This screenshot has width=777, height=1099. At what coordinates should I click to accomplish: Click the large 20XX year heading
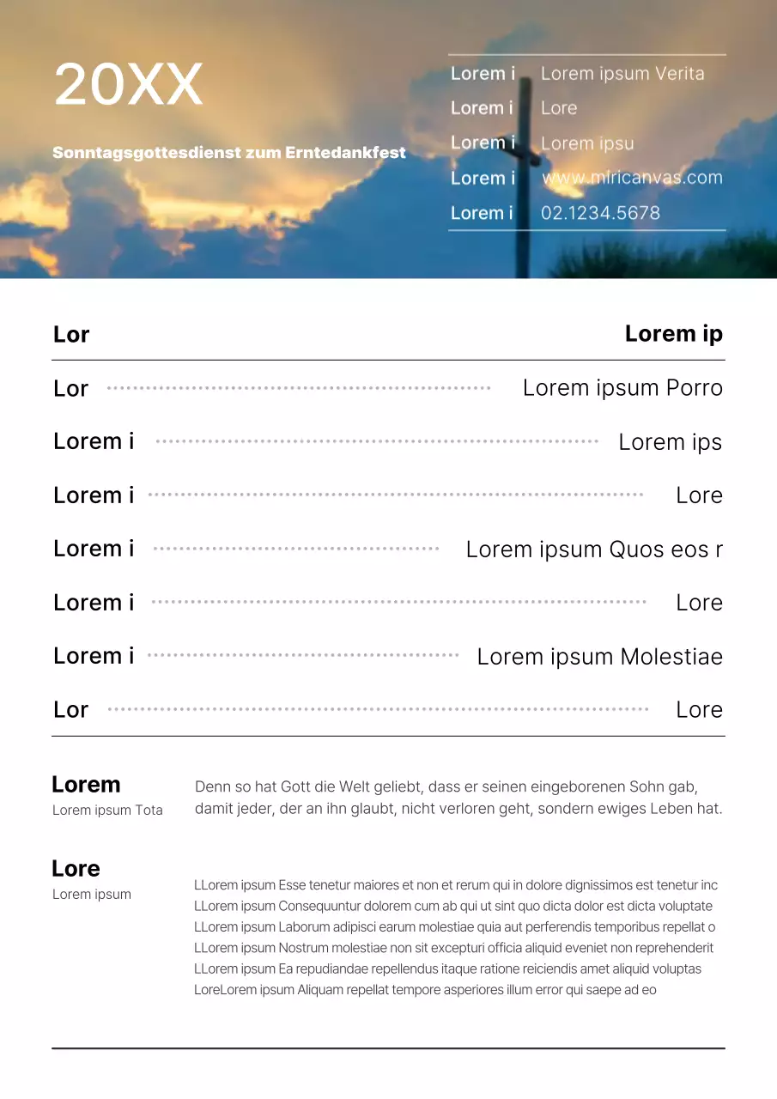128,84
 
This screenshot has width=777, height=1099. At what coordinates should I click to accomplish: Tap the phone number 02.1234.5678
600,213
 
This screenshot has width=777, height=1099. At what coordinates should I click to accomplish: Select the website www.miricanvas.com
632,178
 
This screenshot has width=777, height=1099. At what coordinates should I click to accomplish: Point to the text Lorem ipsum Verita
622,74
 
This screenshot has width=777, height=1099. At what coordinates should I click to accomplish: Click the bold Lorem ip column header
673,334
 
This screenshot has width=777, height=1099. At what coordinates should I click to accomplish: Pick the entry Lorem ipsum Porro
622,388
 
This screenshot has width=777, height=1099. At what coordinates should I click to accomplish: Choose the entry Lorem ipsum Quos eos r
594,549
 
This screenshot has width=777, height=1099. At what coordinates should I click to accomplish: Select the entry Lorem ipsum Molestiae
599,657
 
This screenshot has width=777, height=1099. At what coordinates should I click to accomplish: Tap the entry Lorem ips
670,442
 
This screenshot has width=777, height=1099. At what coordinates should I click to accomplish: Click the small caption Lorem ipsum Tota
107,810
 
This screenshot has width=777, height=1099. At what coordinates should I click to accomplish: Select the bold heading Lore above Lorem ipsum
76,869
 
